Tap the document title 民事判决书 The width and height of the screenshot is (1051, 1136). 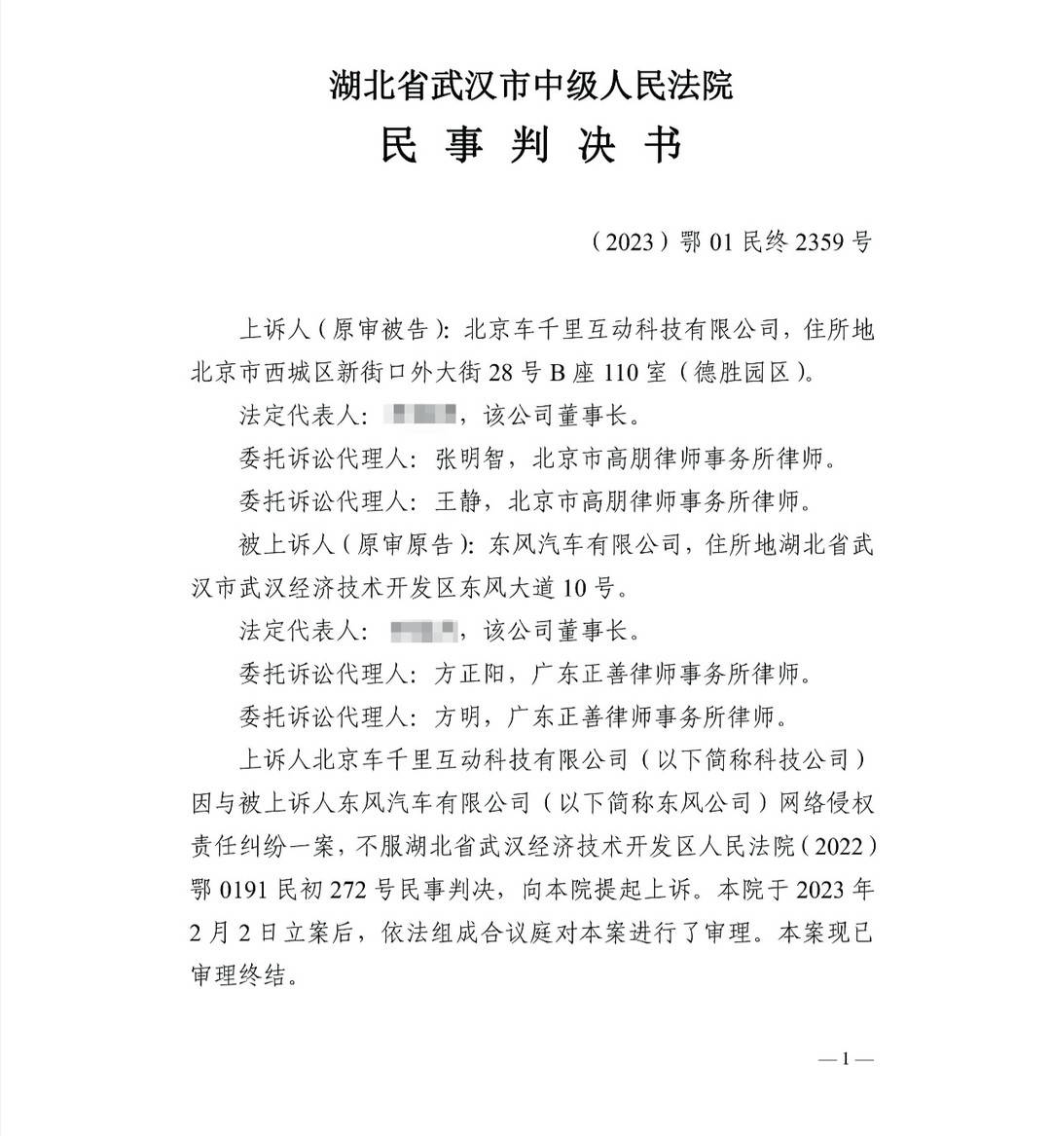pyautogui.click(x=530, y=146)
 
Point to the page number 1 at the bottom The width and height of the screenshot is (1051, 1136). pyautogui.click(x=846, y=1059)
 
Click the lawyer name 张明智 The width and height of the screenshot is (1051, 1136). pyautogui.click(x=471, y=458)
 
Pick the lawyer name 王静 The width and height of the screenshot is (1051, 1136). pyautogui.click(x=458, y=501)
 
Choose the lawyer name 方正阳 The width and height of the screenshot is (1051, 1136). pyautogui.click(x=471, y=674)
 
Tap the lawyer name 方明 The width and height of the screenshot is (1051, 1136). pyautogui.click(x=458, y=717)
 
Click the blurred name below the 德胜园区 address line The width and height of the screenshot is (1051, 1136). pyautogui.click(x=420, y=417)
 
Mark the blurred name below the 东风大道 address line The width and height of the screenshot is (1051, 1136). pyautogui.click(x=423, y=631)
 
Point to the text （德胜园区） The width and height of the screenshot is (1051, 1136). pyautogui.click(x=743, y=372)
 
